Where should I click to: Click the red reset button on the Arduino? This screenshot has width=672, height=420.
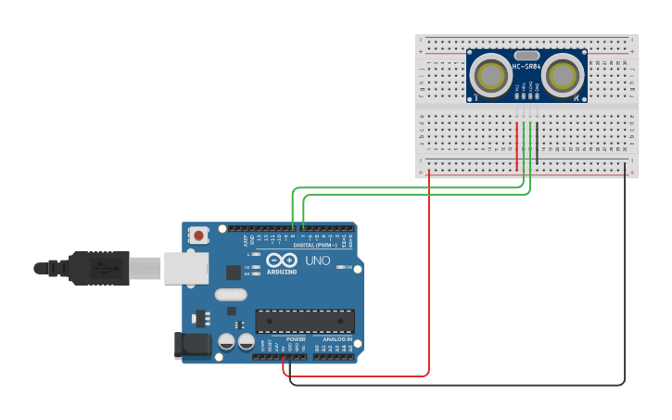199,236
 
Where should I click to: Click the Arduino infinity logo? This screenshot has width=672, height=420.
282,261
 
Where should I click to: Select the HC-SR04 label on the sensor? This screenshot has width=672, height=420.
526,67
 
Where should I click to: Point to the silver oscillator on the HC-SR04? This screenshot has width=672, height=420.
526,56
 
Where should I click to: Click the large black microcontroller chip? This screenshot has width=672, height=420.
305,321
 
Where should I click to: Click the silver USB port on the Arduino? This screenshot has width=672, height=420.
186,267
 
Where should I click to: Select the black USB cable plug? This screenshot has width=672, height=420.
97,268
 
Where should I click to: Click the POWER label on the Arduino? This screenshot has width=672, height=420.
296,339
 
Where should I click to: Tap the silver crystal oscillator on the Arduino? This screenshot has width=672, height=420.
231,295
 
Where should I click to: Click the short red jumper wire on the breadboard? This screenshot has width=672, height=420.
517,146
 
